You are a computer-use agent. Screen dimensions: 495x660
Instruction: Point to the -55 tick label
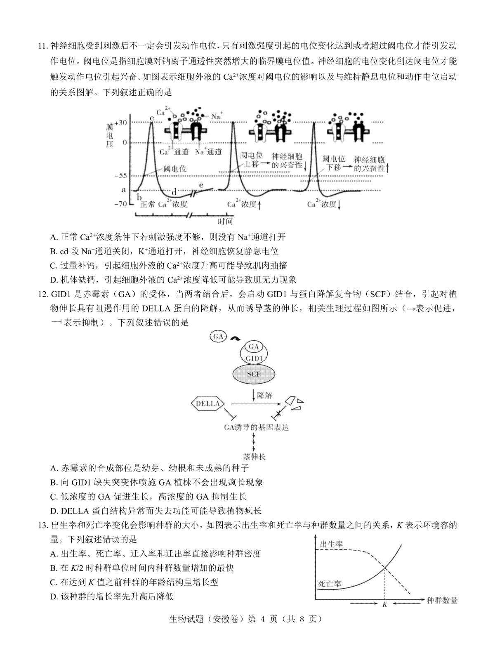[120, 175]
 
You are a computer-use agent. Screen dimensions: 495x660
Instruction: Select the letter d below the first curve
[174, 192]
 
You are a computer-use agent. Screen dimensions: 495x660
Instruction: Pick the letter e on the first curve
[201, 185]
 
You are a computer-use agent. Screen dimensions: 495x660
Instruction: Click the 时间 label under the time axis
[225, 221]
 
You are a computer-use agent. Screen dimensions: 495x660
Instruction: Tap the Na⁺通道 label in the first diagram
[208, 152]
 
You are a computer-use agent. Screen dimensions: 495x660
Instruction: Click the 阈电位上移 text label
[252, 159]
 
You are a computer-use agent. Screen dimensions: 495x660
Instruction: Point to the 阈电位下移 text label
[334, 163]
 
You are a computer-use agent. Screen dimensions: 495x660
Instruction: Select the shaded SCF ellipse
[254, 375]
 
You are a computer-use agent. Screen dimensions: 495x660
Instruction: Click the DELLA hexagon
[207, 403]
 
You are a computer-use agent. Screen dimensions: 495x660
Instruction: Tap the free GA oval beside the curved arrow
[218, 336]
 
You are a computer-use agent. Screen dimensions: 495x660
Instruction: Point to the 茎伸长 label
[254, 457]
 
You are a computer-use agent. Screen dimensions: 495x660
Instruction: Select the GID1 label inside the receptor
[254, 358]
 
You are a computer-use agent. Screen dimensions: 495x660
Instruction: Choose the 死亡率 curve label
[330, 584]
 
